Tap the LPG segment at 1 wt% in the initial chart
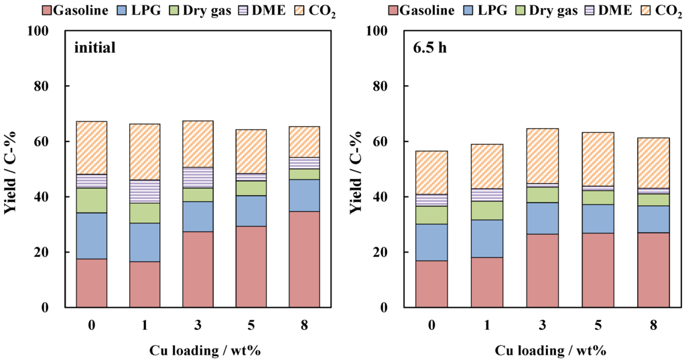(144, 242)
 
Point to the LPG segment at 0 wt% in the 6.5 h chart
(431, 242)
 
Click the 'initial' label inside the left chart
(96, 48)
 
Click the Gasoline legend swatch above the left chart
(46, 10)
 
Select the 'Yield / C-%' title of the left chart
(11, 169)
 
